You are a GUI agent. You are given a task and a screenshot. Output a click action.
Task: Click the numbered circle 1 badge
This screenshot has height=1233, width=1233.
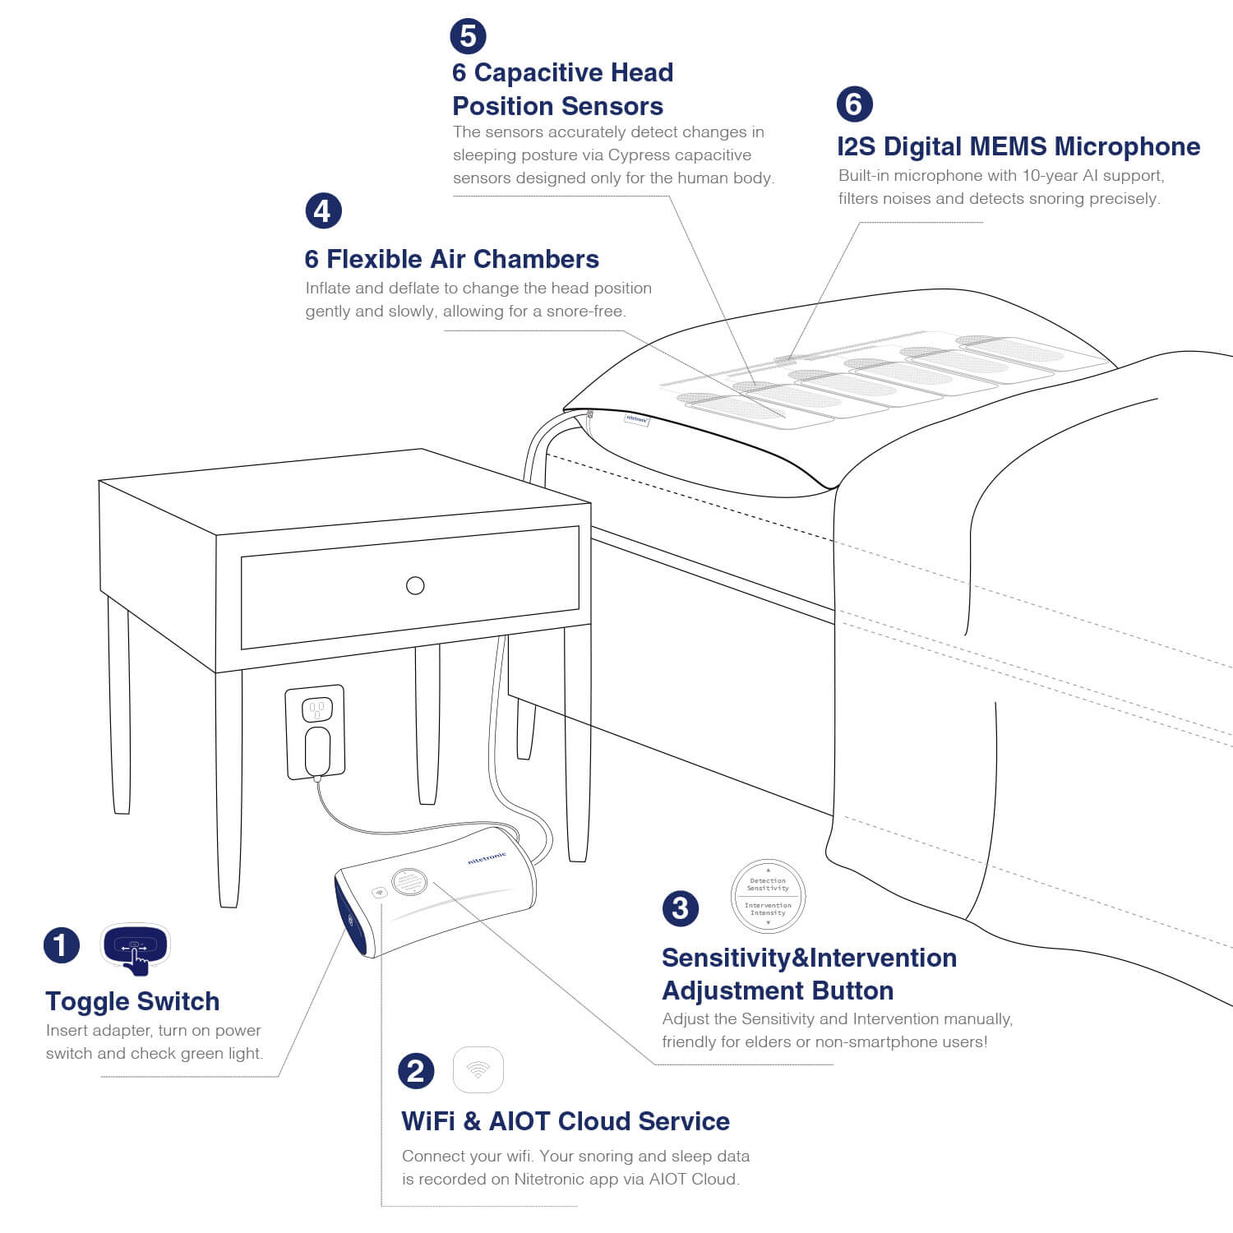[62, 945]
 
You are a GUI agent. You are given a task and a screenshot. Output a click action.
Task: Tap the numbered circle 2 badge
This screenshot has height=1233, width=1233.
[416, 1071]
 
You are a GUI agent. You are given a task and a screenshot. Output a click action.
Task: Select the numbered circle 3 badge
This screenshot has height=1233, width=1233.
[681, 908]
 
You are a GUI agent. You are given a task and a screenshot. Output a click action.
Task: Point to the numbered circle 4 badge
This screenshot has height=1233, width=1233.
[323, 211]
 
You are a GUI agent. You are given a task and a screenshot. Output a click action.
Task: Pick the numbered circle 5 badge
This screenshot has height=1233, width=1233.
[468, 36]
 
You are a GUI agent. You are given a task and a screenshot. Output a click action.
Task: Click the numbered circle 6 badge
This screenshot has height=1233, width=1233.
[854, 104]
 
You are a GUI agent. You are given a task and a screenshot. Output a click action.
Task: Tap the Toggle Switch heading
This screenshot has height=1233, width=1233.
[132, 1001]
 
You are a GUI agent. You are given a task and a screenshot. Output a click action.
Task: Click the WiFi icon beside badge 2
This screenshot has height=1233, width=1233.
[478, 1069]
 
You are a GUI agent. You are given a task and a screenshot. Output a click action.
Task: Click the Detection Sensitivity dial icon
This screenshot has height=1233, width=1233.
[768, 896]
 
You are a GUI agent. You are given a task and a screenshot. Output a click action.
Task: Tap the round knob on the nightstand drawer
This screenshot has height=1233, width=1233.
[415, 585]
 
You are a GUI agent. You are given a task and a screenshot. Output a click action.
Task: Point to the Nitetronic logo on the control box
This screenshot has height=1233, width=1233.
[487, 858]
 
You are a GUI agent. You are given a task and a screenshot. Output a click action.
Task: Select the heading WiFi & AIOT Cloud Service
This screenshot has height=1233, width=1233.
[566, 1121]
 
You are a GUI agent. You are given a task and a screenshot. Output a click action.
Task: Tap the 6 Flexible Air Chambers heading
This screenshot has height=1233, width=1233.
[451, 259]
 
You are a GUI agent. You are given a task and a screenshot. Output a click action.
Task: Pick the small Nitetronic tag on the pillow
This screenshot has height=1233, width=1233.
[637, 419]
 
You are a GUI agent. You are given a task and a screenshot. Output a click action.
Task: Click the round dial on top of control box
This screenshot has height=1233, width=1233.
[409, 882]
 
